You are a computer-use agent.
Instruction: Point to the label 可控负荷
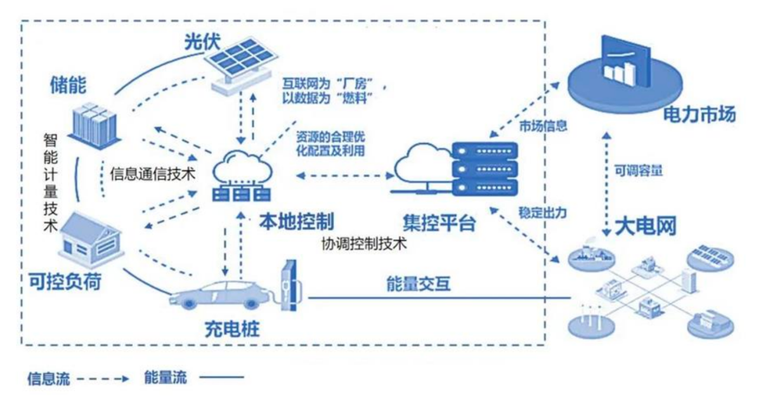tap(65, 282)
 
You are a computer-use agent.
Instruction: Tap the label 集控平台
tap(439, 223)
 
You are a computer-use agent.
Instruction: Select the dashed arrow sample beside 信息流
tap(103, 378)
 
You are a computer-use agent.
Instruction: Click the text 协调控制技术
tap(364, 245)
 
